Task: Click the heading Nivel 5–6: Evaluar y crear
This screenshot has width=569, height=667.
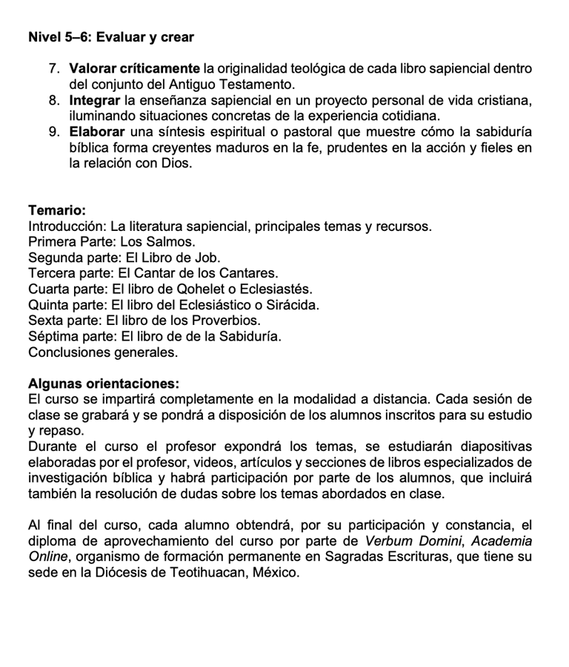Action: [111, 36]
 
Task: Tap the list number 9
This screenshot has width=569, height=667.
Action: [54, 133]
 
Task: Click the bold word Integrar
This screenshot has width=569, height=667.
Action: [95, 101]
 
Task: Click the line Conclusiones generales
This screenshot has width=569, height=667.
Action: [103, 352]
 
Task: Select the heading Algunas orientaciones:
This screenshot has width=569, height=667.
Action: [104, 384]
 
